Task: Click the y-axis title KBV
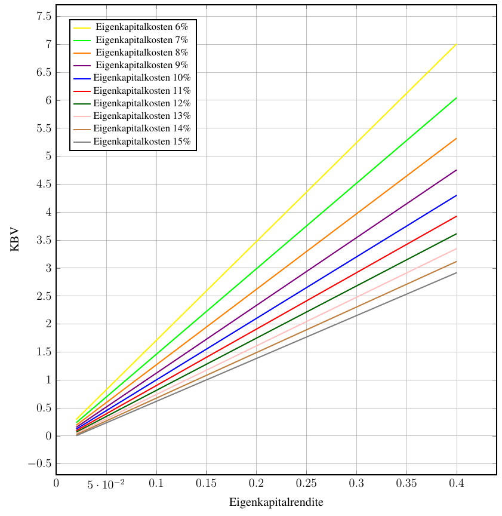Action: pyautogui.click(x=15, y=239)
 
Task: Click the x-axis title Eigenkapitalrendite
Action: pyautogui.click(x=276, y=502)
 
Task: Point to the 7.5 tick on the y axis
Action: pyautogui.click(x=42, y=16)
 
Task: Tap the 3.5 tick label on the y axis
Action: pyautogui.click(x=42, y=240)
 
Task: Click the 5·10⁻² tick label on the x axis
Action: pyautogui.click(x=106, y=483)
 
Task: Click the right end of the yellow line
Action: pyautogui.click(x=457, y=44)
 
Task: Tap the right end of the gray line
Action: pyautogui.click(x=457, y=273)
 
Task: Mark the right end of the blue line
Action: pyautogui.click(x=457, y=195)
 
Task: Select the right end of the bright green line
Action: pyautogui.click(x=457, y=97)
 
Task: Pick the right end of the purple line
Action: pyautogui.click(x=457, y=170)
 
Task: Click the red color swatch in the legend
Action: pyautogui.click(x=82, y=91)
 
